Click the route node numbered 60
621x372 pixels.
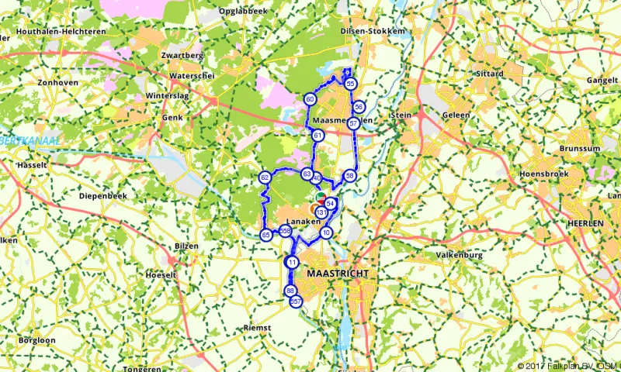[x=310, y=99]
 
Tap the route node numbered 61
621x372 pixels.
[x=318, y=136]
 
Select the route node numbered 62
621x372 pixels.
[x=265, y=178]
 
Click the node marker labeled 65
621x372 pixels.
[x=266, y=235]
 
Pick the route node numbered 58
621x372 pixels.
[x=350, y=177]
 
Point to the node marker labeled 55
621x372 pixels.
[x=351, y=84]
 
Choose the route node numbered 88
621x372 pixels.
[x=290, y=291]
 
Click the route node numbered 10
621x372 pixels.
[x=327, y=232]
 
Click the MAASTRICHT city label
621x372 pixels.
[x=337, y=275]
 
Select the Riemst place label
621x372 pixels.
[x=257, y=328]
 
